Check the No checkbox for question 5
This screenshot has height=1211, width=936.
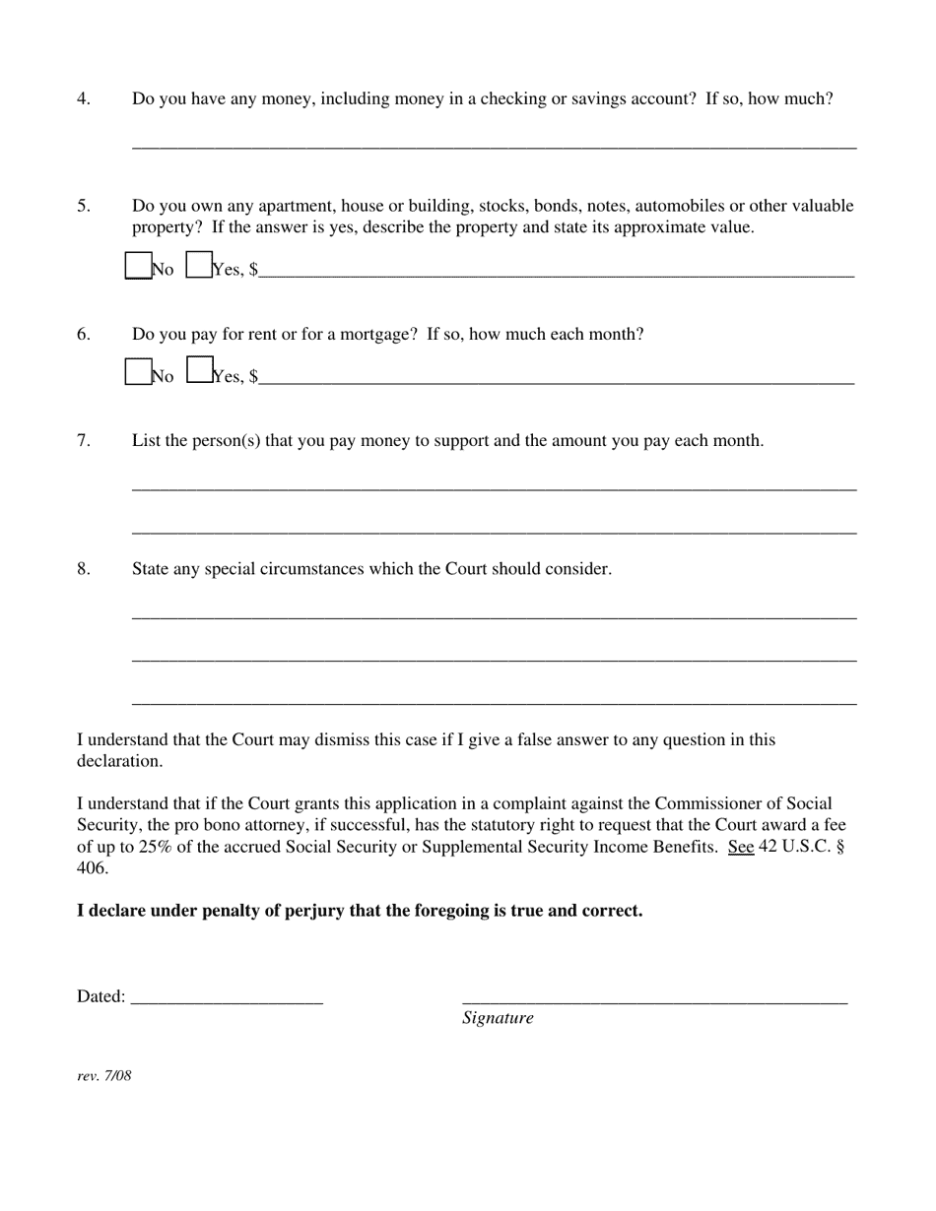tap(138, 266)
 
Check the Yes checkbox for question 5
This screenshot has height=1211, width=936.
tap(199, 266)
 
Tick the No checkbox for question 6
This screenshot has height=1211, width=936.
tap(138, 371)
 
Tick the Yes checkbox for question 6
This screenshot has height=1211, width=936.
tap(199, 370)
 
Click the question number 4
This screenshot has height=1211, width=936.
tap(84, 98)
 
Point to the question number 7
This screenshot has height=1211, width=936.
tap(84, 440)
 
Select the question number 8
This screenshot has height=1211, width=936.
tap(84, 568)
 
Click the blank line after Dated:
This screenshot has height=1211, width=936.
tap(227, 999)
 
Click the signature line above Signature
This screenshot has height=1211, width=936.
tap(654, 999)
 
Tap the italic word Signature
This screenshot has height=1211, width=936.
tap(498, 1018)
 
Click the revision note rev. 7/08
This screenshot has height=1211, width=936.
tap(104, 1075)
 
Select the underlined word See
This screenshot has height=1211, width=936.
tap(741, 847)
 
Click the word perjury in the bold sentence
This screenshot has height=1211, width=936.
tap(313, 911)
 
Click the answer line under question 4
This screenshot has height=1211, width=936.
tap(494, 146)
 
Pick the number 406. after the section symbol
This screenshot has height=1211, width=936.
tap(93, 868)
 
